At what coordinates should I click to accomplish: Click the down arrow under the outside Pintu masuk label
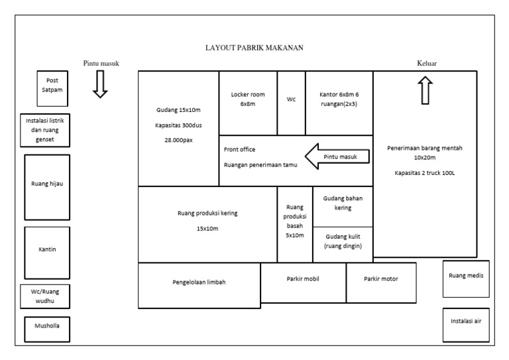tap(99, 84)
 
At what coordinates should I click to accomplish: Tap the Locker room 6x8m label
tap(247, 99)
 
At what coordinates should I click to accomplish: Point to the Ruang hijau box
tap(46, 185)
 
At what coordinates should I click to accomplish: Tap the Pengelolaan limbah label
tap(199, 282)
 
